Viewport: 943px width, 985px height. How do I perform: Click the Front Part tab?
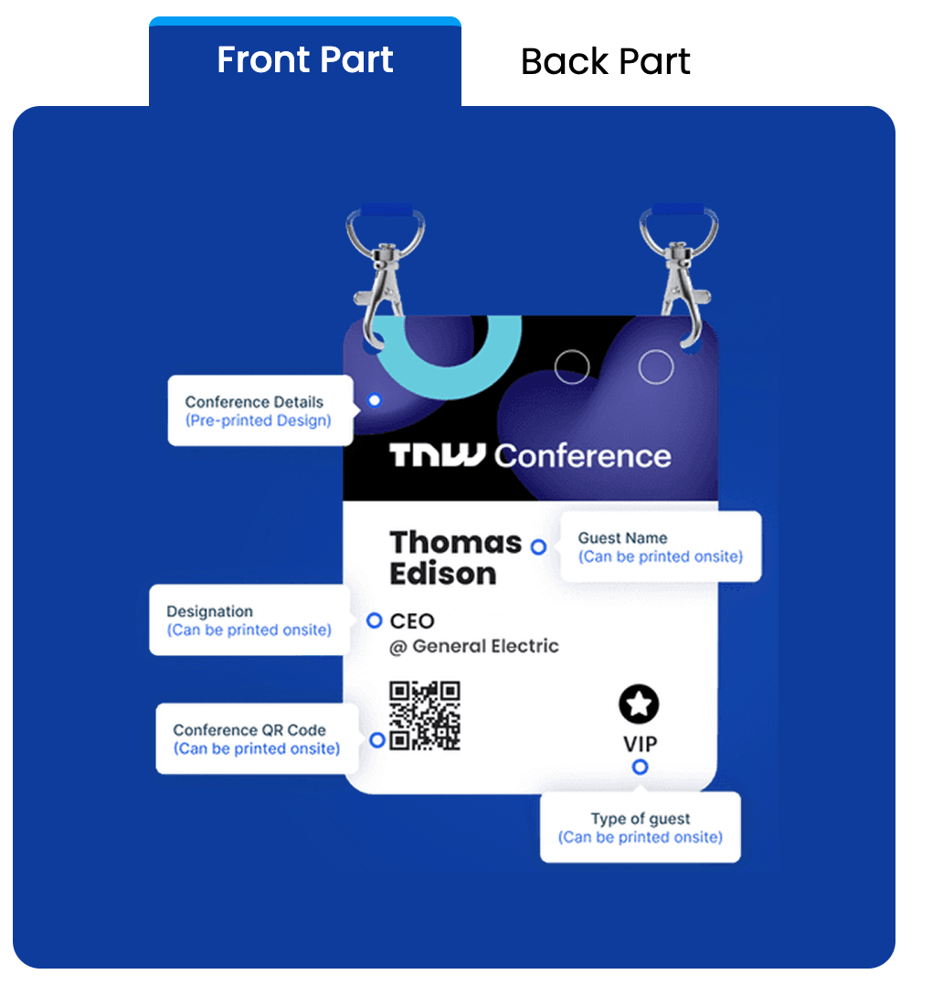(305, 60)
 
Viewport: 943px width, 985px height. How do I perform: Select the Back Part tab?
(605, 61)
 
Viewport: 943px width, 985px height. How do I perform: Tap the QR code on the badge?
(425, 715)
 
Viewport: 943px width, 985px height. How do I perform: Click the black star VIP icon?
(639, 704)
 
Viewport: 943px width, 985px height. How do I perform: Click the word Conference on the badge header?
(583, 455)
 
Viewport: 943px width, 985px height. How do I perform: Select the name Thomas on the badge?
(455, 542)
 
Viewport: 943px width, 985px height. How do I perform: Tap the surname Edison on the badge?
(443, 574)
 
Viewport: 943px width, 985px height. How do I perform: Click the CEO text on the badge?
(412, 621)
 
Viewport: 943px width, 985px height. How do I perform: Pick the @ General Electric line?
(474, 647)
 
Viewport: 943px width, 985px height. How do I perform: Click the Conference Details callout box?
(260, 411)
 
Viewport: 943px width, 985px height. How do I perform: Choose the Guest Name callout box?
(660, 546)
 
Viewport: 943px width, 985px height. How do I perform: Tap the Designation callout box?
(249, 620)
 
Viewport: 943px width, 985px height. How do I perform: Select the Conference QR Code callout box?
(256, 738)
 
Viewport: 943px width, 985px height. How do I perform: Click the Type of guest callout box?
(640, 828)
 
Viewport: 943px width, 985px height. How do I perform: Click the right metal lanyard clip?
(678, 270)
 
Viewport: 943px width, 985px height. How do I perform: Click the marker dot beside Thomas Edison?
(538, 546)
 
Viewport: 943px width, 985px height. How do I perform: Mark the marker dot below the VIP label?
(640, 767)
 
